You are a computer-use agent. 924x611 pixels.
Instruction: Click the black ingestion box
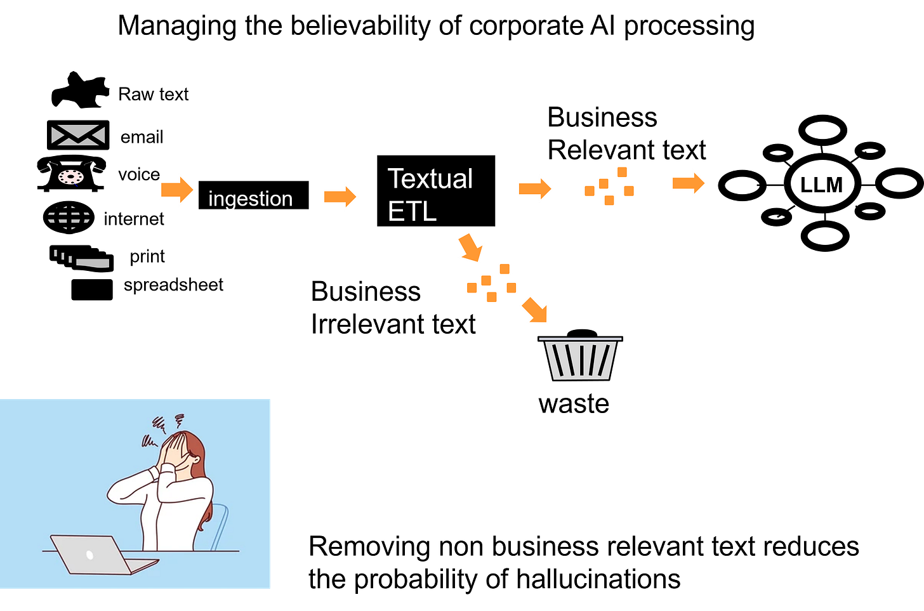tap(253, 195)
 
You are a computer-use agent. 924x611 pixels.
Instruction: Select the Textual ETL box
tap(436, 191)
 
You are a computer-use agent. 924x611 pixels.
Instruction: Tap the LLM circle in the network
tap(822, 184)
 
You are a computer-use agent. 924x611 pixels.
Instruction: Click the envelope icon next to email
tap(78, 135)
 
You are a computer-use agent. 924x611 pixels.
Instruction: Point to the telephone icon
tap(71, 173)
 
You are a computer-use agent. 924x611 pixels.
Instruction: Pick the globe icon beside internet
tap(69, 217)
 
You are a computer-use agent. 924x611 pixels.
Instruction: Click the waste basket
tap(580, 355)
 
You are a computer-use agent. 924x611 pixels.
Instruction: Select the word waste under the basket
tap(574, 404)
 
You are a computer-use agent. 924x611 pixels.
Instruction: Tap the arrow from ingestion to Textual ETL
tap(340, 197)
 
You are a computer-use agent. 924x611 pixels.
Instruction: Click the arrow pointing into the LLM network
tap(689, 183)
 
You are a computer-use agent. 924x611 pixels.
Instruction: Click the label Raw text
tap(154, 95)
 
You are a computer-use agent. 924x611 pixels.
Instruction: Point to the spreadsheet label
tap(173, 285)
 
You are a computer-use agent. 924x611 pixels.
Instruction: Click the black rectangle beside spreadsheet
tap(92, 289)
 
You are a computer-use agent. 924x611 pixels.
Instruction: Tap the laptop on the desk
tap(103, 555)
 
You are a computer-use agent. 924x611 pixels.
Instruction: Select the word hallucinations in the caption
tap(598, 579)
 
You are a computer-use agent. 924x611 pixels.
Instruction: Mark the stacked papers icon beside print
tap(82, 258)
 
